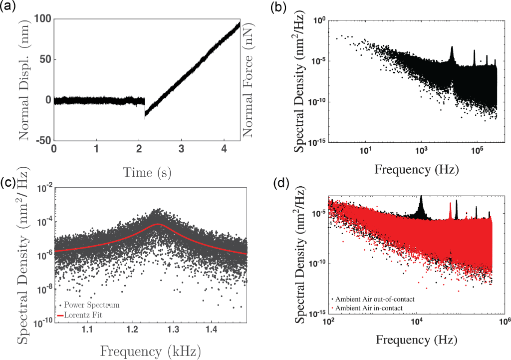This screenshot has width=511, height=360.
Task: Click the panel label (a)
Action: (x=9, y=7)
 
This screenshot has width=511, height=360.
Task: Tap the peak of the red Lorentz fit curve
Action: (x=158, y=224)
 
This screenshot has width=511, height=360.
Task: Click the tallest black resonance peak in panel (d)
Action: (x=420, y=196)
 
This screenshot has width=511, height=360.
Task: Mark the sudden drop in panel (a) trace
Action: (x=145, y=111)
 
